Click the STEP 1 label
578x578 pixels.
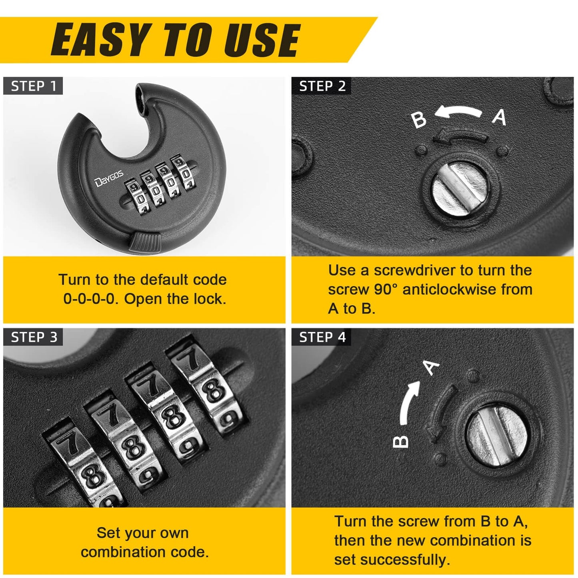34,86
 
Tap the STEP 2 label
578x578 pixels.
322,86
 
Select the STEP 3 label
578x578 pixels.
34,337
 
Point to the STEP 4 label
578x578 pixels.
322,337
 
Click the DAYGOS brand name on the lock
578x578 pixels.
109,178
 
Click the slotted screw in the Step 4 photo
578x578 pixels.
498,436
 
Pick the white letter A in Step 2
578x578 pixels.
499,117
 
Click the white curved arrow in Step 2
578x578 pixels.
458,112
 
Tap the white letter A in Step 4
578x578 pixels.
431,367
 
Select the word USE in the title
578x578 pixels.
262,40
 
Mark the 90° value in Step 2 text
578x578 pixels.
386,289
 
